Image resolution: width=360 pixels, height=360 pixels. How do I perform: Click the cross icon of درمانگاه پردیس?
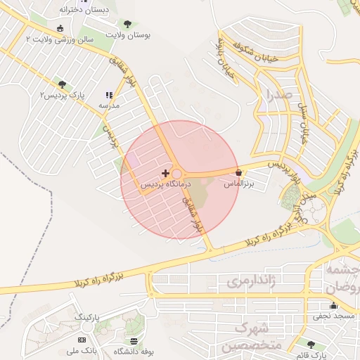[x=165, y=173]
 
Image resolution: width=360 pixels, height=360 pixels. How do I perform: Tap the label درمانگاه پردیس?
[x=165, y=184]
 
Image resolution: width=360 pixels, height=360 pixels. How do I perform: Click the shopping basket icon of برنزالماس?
[x=239, y=172]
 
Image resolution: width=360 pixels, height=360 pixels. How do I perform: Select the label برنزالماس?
[x=238, y=184]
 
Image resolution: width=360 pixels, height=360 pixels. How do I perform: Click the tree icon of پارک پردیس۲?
[x=63, y=84]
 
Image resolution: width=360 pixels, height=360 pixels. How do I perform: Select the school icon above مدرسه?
[x=108, y=95]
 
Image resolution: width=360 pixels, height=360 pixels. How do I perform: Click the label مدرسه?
[x=109, y=105]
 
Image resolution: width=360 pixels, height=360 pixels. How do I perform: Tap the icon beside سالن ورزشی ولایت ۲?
[x=60, y=29]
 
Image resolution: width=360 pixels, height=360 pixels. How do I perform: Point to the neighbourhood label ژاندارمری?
[x=250, y=282]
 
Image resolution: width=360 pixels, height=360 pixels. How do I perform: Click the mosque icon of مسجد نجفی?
[x=333, y=306]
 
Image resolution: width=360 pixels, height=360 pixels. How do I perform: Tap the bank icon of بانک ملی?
[x=82, y=340]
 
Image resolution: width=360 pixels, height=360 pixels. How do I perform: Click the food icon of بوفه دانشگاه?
[x=134, y=340]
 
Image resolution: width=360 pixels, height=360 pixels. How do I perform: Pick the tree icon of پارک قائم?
[x=311, y=345]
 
